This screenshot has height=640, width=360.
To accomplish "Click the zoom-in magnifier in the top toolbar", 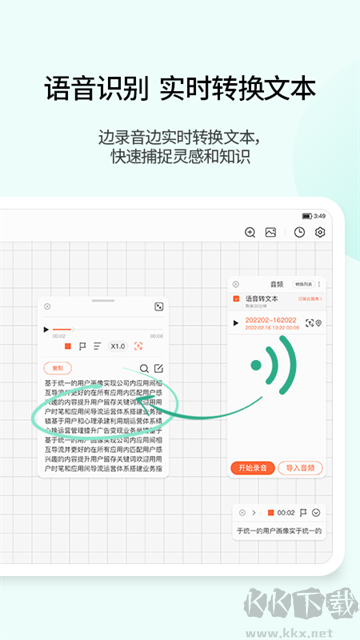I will [250, 232].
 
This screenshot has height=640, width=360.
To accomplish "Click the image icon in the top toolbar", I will [270, 232].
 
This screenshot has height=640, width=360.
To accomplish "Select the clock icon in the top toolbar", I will [300, 232].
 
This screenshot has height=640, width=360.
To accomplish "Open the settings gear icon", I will [320, 232].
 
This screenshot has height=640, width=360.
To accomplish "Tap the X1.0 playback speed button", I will [118, 346].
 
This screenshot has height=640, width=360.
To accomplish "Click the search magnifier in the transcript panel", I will [144, 369].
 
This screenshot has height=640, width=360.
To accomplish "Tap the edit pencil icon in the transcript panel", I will [158, 369].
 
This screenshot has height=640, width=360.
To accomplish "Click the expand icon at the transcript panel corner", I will [158, 307].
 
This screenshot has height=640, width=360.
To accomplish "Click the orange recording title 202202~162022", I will [265, 319].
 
